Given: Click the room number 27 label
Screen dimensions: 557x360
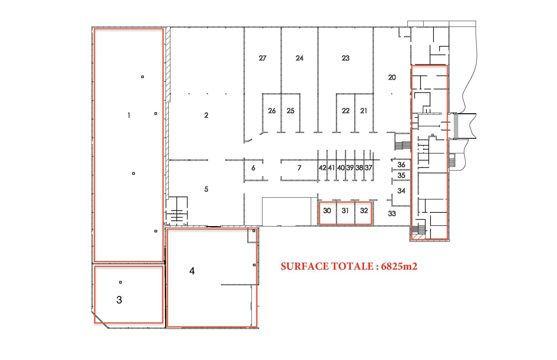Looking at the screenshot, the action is [263, 58].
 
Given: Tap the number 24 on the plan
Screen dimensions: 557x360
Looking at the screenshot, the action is [299, 58].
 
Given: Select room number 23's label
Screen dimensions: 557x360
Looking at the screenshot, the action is [346, 58].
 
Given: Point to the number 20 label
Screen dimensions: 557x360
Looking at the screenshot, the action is [392, 77].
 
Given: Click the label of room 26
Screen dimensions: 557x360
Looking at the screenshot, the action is [272, 111].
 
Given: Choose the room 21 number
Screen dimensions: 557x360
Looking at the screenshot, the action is [364, 111].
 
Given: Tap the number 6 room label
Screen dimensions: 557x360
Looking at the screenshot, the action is [253, 168].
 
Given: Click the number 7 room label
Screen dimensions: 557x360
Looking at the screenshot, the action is [299, 168].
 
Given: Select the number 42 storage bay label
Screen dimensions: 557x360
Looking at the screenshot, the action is [322, 168].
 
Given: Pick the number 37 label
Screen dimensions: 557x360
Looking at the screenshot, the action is [368, 168].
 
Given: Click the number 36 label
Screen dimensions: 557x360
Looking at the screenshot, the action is [401, 165].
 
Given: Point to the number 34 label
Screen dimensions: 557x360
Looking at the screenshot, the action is [401, 191].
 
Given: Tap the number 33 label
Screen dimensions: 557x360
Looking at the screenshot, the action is [392, 214].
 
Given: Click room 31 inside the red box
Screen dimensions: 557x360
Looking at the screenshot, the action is [345, 211].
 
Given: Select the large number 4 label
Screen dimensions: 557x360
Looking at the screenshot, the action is [192, 271].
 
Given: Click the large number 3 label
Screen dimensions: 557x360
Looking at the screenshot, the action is [119, 300].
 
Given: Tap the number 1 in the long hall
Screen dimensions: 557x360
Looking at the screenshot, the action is [129, 115].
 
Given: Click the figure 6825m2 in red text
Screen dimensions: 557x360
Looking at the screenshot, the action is [399, 266].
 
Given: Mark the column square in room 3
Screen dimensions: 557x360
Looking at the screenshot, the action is [120, 282].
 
